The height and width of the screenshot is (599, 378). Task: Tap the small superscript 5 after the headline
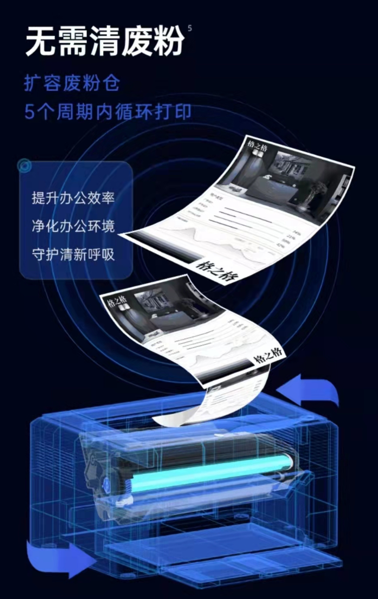(x=190, y=28)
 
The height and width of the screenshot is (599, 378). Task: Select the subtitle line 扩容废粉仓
(x=72, y=83)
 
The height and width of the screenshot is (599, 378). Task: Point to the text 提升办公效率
(x=73, y=198)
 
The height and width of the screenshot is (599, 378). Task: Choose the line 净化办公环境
(x=73, y=226)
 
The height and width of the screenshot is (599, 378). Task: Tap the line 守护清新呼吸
(x=73, y=255)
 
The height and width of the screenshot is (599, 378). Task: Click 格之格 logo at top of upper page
(x=258, y=147)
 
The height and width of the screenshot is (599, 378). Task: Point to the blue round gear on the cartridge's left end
(x=106, y=482)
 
